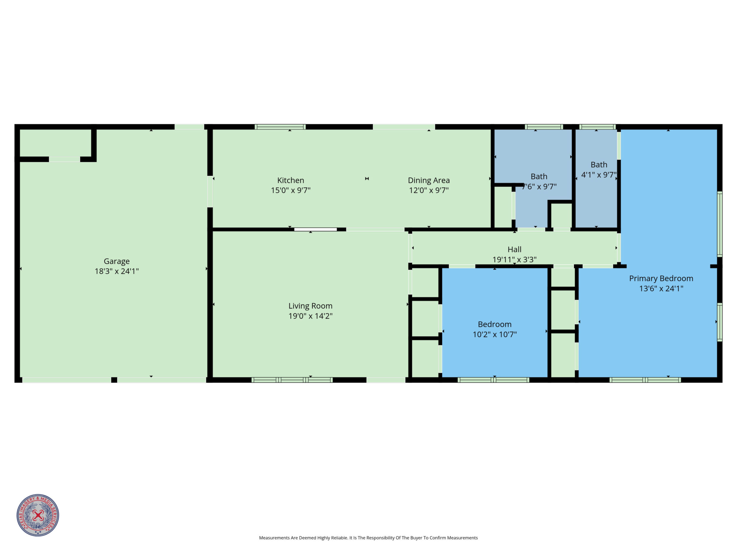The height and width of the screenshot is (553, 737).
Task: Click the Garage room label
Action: pos(117,261)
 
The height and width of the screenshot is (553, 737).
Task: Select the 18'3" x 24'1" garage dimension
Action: pos(117,271)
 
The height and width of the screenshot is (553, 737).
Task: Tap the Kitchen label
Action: pos(291,180)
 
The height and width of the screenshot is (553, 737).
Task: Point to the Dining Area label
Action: pos(429,180)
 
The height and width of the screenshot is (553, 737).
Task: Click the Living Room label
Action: pos(311,306)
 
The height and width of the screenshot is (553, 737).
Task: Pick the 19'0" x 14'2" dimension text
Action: pos(311,316)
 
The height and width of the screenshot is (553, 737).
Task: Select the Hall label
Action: pos(514,249)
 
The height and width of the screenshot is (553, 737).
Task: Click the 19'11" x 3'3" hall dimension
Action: pos(514,259)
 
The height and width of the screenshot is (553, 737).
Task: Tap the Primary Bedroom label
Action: pos(661,279)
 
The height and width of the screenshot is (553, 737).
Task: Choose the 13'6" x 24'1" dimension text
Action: pos(661,289)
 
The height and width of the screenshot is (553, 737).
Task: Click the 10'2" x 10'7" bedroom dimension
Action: pos(495,334)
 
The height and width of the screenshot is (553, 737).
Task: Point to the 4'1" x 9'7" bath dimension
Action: pos(599,175)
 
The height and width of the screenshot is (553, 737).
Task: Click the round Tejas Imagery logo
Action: pos(38,515)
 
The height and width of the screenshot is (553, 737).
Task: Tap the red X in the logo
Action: pos(38,515)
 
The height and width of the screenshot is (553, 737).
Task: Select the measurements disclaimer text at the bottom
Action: pos(368,538)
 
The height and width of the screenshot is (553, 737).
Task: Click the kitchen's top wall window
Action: pos(280,127)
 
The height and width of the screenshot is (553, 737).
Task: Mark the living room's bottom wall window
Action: pos(292,380)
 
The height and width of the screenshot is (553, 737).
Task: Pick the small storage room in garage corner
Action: pos(56,143)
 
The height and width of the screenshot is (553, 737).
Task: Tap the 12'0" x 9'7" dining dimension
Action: pos(429,190)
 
